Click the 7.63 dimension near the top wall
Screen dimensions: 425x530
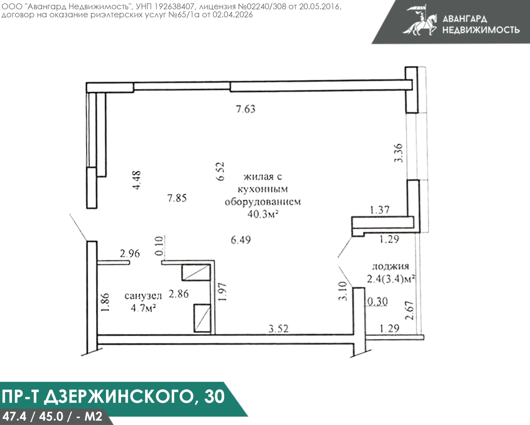pyautogui.click(x=245, y=109)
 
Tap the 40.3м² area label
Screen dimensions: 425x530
pyautogui.click(x=262, y=214)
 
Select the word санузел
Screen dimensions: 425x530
pyautogui.click(x=143, y=296)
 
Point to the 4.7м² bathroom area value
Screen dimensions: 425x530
pyautogui.click(x=143, y=308)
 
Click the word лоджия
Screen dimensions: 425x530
pyautogui.click(x=391, y=266)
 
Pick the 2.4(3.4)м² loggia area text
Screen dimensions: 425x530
pyautogui.click(x=391, y=279)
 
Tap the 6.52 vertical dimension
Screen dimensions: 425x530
pyautogui.click(x=220, y=171)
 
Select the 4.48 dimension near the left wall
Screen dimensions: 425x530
pyautogui.click(x=136, y=180)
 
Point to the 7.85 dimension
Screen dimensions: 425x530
pyautogui.click(x=177, y=198)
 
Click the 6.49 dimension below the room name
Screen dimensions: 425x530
pyautogui.click(x=241, y=240)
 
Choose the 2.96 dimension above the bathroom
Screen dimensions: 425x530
pyautogui.click(x=130, y=254)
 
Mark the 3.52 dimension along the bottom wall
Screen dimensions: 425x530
pyautogui.click(x=278, y=329)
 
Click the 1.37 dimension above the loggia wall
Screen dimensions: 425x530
pyautogui.click(x=380, y=210)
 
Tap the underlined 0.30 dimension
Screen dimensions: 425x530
pyautogui.click(x=378, y=302)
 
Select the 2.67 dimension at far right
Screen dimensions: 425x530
pyautogui.click(x=410, y=310)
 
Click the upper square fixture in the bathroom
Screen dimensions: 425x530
pyautogui.click(x=196, y=272)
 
